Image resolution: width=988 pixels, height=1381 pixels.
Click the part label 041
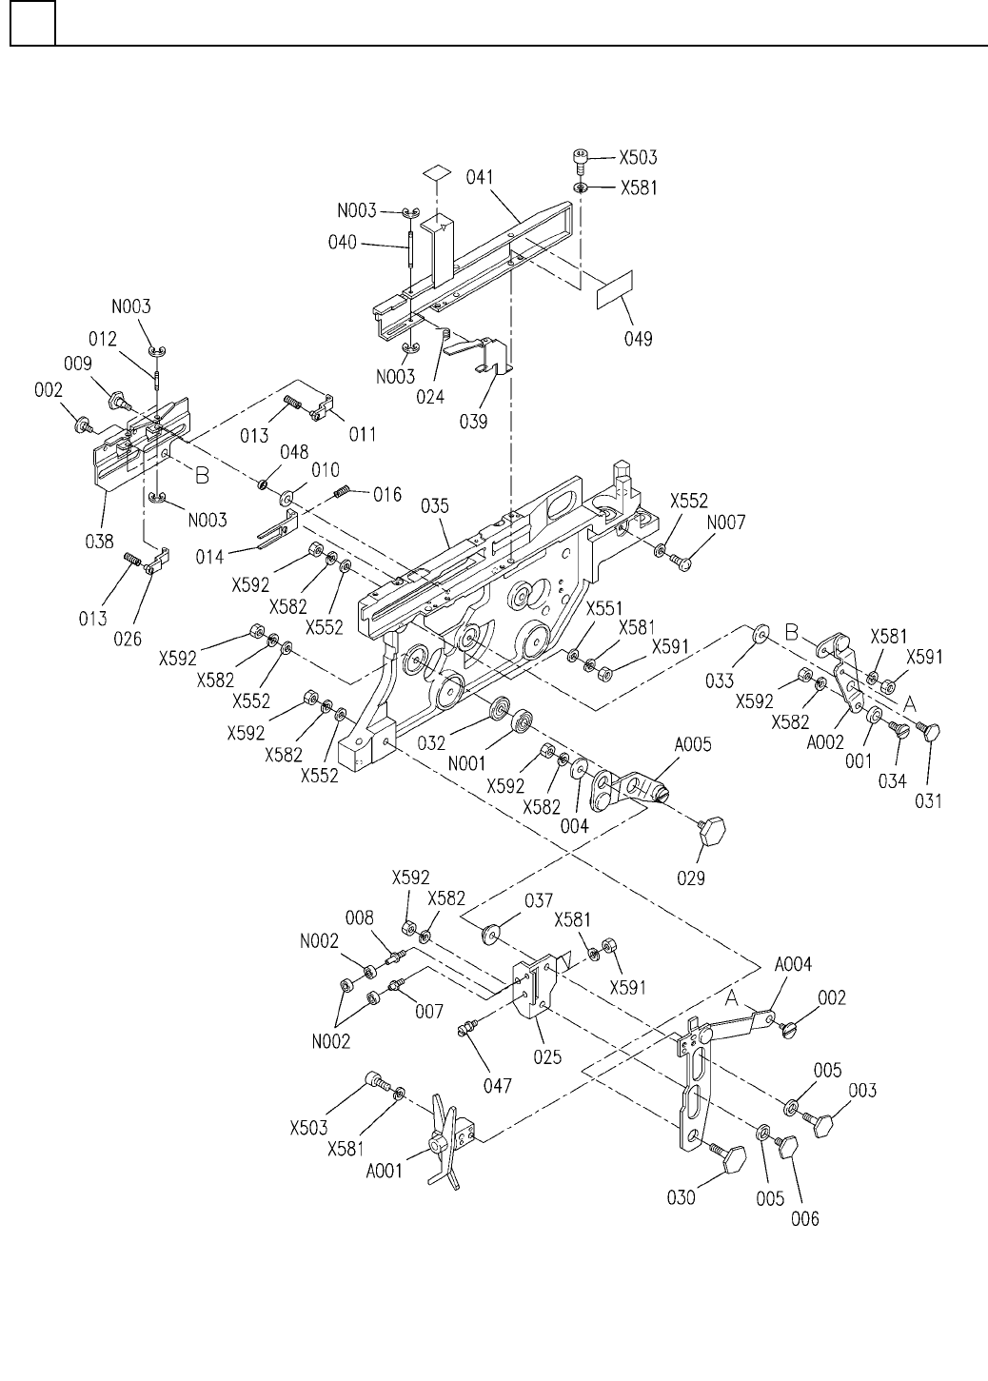click(x=480, y=178)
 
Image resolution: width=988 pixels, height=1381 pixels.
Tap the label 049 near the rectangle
click(x=639, y=339)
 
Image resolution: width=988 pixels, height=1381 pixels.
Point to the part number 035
click(x=435, y=506)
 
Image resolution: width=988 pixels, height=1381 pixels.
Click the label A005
click(x=693, y=744)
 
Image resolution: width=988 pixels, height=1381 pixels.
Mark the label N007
click(x=726, y=523)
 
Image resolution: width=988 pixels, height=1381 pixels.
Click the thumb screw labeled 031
click(x=928, y=733)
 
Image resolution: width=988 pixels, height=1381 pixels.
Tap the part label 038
click(x=99, y=542)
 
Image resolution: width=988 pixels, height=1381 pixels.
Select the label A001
click(x=384, y=1170)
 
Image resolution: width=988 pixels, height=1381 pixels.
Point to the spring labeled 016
click(x=342, y=491)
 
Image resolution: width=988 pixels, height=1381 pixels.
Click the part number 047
click(x=498, y=1085)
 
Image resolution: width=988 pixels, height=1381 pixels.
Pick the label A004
click(x=793, y=963)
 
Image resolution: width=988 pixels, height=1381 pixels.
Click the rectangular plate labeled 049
click(x=615, y=289)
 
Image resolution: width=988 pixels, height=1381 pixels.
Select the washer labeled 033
click(x=761, y=633)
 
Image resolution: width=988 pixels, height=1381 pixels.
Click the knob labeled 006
click(x=787, y=1147)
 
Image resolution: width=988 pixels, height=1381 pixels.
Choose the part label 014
click(x=209, y=557)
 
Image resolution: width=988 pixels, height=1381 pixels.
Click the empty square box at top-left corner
click(x=32, y=23)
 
